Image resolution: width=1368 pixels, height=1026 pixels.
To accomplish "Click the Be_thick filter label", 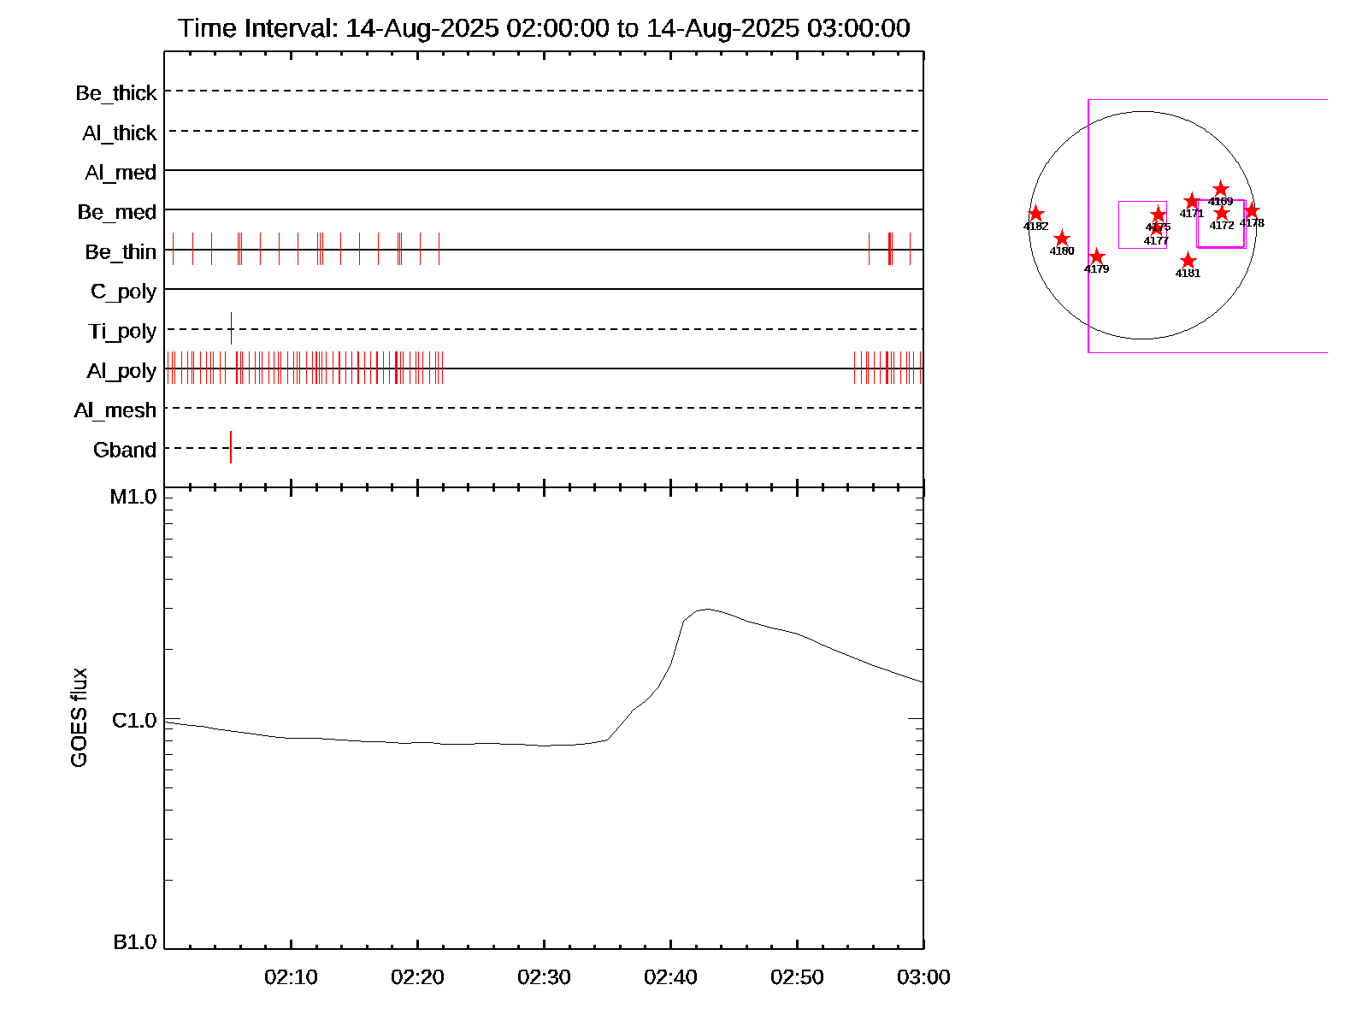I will point(116,93).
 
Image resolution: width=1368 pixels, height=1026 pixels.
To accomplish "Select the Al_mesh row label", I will point(115,410).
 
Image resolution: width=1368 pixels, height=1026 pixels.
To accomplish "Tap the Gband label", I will point(125,450).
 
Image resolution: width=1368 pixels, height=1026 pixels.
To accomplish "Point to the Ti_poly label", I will point(122,331).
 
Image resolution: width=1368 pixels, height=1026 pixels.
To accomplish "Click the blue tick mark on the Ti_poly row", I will point(231,328).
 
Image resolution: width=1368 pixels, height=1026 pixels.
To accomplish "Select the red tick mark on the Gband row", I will point(231,447).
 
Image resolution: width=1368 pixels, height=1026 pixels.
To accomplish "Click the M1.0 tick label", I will point(133,497).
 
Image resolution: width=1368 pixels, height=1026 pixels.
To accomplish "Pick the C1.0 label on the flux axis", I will point(134,721).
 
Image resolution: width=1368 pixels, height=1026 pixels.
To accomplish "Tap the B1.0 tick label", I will point(135,942).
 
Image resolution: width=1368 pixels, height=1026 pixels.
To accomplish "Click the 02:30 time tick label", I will point(544,977).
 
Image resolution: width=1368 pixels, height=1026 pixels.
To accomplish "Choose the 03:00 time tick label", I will point(923,977).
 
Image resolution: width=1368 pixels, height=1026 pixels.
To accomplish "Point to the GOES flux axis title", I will point(79,717).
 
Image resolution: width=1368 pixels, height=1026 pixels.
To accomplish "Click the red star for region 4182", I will point(1035,214).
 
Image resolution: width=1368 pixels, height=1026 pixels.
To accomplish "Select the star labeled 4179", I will point(1097,256).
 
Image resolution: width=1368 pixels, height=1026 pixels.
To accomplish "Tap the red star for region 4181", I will point(1188,261).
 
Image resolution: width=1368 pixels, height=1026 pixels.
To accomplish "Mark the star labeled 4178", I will point(1252,210).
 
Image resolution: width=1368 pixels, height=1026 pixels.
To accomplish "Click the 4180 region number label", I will point(1062,251).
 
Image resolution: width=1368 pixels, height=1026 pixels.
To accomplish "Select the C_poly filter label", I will point(124,292).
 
